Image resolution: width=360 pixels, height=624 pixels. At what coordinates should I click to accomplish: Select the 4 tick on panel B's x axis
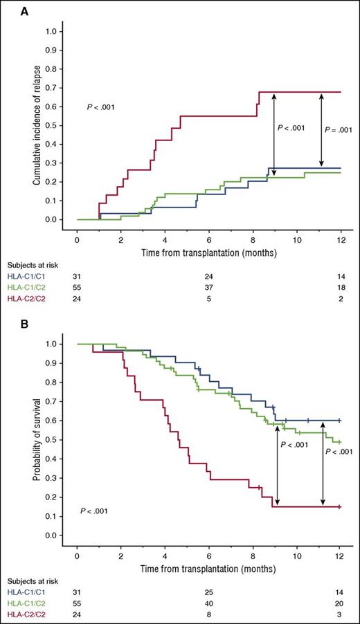pyautogui.click(x=165, y=555)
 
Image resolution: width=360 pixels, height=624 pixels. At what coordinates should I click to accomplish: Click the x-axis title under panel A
pyautogui.click(x=208, y=253)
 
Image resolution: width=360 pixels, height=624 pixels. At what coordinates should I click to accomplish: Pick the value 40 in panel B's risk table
pyautogui.click(x=208, y=605)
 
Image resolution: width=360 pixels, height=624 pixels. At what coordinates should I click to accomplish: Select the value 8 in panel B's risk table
pyautogui.click(x=208, y=616)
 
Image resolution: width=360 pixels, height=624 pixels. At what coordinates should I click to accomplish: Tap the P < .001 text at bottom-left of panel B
pyautogui.click(x=96, y=511)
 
